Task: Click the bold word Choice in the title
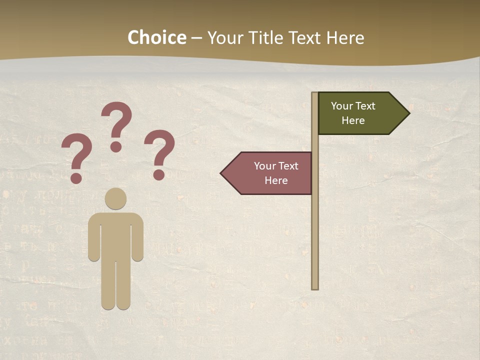[x=156, y=37]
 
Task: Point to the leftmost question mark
[x=76, y=155]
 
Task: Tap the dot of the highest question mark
[x=116, y=146]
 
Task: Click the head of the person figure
[x=115, y=198]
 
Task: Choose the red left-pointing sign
[x=270, y=173]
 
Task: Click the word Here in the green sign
[x=353, y=120]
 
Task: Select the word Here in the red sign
[x=276, y=180]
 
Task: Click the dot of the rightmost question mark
[x=159, y=174]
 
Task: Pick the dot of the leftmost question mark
[x=76, y=178]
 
